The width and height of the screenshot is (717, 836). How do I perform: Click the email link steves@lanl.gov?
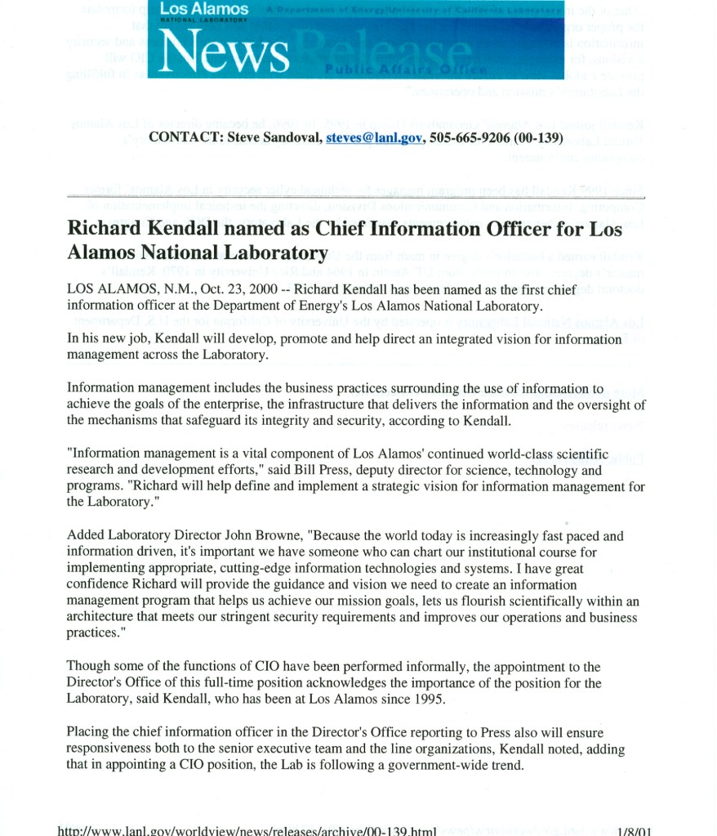[374, 138]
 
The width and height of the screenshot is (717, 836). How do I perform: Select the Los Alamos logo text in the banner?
[203, 8]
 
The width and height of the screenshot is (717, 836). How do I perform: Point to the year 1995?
[430, 699]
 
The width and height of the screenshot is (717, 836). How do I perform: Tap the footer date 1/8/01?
[634, 829]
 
